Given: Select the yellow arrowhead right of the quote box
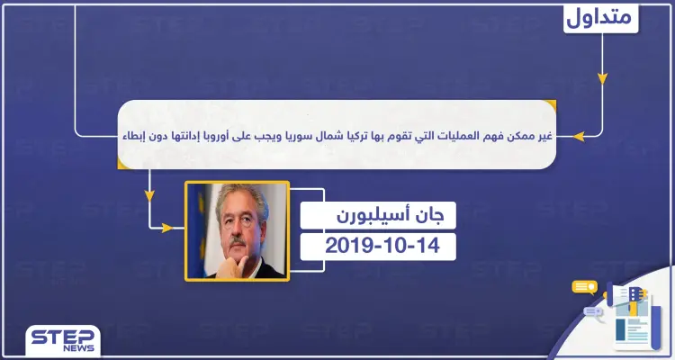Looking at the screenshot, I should point(580,138).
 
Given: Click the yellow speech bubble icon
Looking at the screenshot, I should point(585,287).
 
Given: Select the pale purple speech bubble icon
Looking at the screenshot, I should point(593,312).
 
